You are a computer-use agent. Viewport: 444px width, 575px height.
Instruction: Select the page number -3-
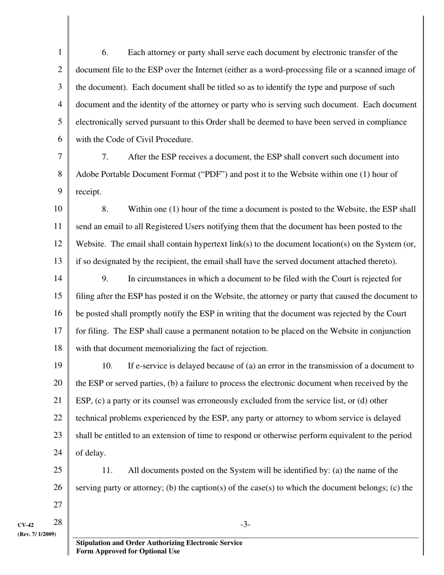(x=245, y=525)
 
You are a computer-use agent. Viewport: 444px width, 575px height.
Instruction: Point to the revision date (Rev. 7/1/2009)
(x=37, y=534)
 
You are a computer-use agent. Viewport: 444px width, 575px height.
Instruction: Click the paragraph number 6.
(x=105, y=52)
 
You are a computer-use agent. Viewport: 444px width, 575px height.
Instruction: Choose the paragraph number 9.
(x=105, y=279)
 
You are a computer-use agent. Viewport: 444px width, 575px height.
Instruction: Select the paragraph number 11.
(x=107, y=470)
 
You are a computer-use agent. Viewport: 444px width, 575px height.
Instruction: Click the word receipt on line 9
(x=88, y=192)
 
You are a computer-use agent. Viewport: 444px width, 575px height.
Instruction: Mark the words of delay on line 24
(x=90, y=453)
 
